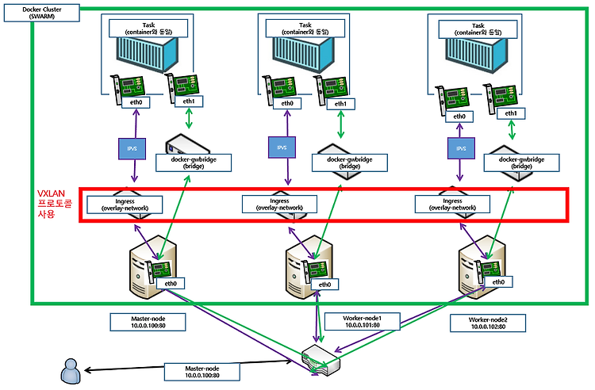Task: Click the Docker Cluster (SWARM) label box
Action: pyautogui.click(x=42, y=13)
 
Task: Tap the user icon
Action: pyautogui.click(x=71, y=371)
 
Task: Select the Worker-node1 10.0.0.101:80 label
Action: pyautogui.click(x=362, y=321)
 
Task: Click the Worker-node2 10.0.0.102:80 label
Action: pyautogui.click(x=488, y=323)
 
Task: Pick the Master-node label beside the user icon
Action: pyautogui.click(x=202, y=372)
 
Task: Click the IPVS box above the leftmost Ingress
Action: pyautogui.click(x=132, y=148)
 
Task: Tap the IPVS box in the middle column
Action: pyautogui.click(x=282, y=147)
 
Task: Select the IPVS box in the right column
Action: pyautogui.click(x=461, y=148)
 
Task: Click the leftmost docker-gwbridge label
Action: pyautogui.click(x=194, y=162)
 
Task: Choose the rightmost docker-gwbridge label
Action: pyautogui.click(x=521, y=162)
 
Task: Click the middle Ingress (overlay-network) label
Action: pyautogui.click(x=280, y=205)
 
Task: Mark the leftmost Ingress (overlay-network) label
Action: pyautogui.click(x=125, y=205)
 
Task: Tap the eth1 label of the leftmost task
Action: pyautogui.click(x=189, y=101)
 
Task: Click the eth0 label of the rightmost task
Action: pyautogui.click(x=459, y=117)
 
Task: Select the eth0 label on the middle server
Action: pyautogui.click(x=324, y=285)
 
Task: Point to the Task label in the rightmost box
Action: pyautogui.click(x=478, y=29)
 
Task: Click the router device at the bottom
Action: pyautogui.click(x=321, y=359)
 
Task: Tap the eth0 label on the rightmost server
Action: pyautogui.click(x=499, y=281)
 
